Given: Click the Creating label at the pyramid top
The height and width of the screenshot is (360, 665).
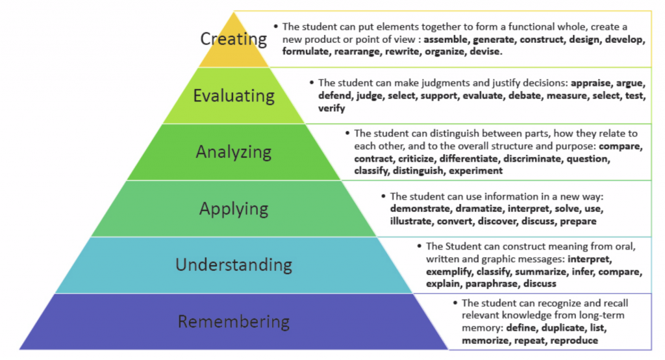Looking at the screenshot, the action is (232, 39).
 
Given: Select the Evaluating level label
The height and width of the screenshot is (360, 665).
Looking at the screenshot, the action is (234, 96).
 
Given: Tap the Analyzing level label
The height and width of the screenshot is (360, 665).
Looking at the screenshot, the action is (234, 152).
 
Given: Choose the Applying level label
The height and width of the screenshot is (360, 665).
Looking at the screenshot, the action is (234, 209).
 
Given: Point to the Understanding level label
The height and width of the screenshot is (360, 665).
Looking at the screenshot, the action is (234, 265).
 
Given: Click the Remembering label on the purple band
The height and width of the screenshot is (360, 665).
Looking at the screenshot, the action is (234, 322).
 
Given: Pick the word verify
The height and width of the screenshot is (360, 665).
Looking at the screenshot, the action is (331, 109).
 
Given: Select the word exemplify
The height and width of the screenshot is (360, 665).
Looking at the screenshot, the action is (449, 271).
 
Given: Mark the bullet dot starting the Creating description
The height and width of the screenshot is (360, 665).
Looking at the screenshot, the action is (275, 27).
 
